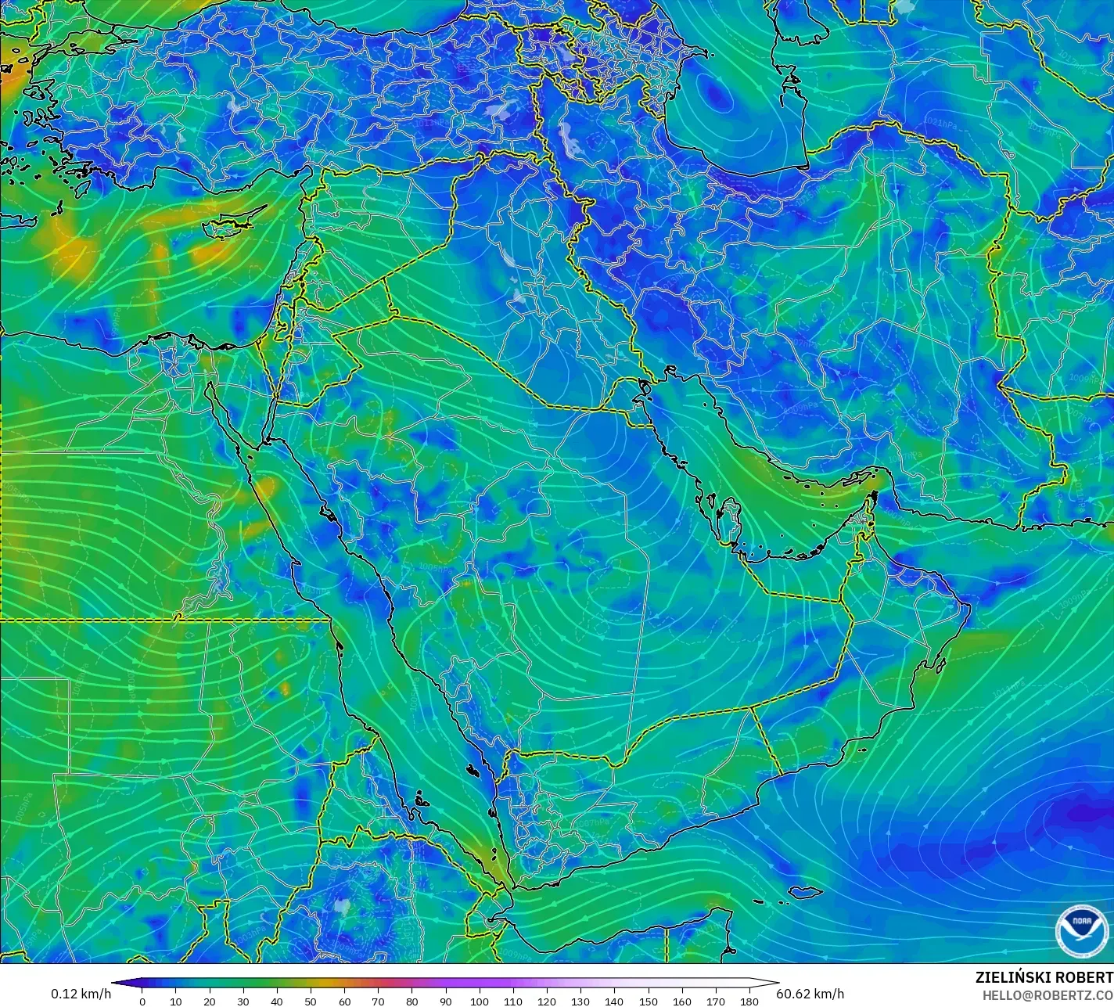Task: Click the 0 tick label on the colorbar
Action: (x=142, y=1001)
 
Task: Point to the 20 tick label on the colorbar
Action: (x=209, y=1001)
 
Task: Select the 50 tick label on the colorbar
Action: (x=311, y=1001)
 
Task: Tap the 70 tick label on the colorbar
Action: (x=378, y=1001)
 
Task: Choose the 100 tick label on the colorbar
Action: (x=480, y=1001)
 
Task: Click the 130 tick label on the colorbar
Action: (x=580, y=1001)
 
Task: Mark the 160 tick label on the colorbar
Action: (x=682, y=1001)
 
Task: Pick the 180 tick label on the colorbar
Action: (x=749, y=1001)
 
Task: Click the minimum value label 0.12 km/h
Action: (x=81, y=994)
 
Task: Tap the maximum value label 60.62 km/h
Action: (x=810, y=994)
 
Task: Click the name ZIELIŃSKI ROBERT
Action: (x=1044, y=977)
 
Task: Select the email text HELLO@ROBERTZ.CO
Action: (x=1048, y=995)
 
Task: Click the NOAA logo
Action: (x=1082, y=931)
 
